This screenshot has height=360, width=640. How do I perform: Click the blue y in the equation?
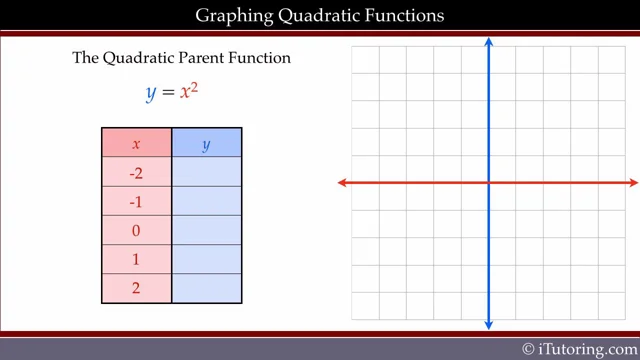pyautogui.click(x=152, y=93)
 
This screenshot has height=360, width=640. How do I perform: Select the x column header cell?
pyautogui.click(x=137, y=143)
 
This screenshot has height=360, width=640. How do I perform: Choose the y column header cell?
pyautogui.click(x=207, y=143)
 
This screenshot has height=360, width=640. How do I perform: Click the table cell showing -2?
pyautogui.click(x=137, y=172)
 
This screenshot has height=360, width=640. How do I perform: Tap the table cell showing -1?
pyautogui.click(x=137, y=201)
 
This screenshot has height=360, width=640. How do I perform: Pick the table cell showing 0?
pyautogui.click(x=137, y=230)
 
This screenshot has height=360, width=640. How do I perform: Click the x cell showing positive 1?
pyautogui.click(x=137, y=259)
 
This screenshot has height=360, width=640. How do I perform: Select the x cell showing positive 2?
pyautogui.click(x=137, y=288)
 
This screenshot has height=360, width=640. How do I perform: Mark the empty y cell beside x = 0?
pyautogui.click(x=207, y=230)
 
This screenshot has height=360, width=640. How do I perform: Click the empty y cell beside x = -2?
pyautogui.click(x=207, y=172)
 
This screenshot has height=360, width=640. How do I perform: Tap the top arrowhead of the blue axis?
pyautogui.click(x=489, y=42)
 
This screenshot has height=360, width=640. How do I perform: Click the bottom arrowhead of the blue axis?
pyautogui.click(x=489, y=323)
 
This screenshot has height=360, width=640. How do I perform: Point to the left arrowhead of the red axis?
pyautogui.click(x=343, y=183)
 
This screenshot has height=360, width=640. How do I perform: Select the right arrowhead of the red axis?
pyautogui.click(x=633, y=183)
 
